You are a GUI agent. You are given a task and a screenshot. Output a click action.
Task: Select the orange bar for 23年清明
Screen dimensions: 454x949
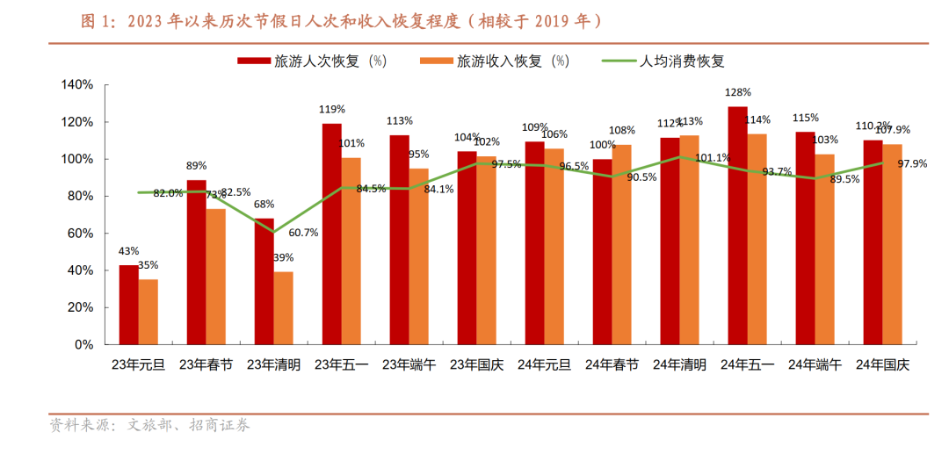coord(284,308)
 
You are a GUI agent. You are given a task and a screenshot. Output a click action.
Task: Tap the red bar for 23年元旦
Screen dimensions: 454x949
coord(128,305)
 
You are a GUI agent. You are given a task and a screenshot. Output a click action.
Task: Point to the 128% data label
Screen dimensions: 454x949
coord(737,92)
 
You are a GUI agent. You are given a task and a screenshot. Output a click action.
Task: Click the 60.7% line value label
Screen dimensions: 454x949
coord(303,233)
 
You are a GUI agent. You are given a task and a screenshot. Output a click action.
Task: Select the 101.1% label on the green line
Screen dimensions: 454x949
coord(713,158)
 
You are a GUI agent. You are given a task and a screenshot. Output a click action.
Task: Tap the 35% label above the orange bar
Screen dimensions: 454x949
coord(149,265)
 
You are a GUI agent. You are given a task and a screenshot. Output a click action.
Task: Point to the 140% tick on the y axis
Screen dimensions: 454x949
coord(77,85)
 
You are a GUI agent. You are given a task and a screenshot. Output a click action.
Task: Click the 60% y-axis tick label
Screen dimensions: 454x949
coord(80,234)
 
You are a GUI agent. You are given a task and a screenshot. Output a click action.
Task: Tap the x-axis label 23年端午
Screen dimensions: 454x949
coord(409,364)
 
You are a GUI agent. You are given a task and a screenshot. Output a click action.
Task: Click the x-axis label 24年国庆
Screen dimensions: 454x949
coord(881,364)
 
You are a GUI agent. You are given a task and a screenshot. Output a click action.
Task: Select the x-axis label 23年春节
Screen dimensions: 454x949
coord(206,364)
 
